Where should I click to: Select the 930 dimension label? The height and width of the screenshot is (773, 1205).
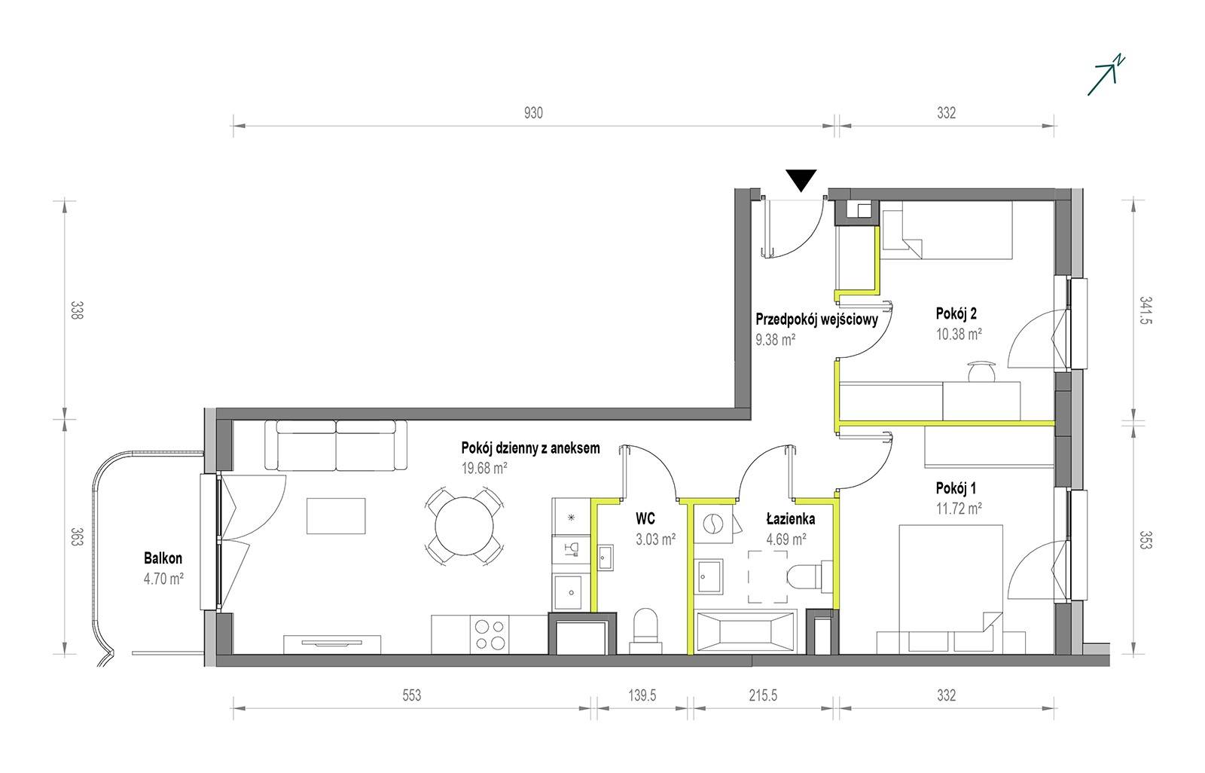click(x=533, y=113)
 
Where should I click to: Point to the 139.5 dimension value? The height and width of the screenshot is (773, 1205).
click(x=642, y=695)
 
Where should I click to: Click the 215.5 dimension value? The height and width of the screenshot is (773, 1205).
click(x=763, y=695)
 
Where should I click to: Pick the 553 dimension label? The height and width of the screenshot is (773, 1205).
click(x=411, y=695)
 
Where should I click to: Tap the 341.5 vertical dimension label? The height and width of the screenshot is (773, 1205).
click(x=1146, y=310)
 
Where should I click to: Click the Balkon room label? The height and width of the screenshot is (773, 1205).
click(x=163, y=558)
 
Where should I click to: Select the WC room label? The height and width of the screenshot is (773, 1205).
click(x=645, y=518)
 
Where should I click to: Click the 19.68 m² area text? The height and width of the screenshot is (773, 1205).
click(x=484, y=469)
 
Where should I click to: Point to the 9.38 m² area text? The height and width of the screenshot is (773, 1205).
click(x=775, y=340)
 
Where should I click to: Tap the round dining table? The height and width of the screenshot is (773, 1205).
click(x=464, y=526)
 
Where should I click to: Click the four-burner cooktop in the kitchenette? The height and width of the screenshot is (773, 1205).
click(x=490, y=634)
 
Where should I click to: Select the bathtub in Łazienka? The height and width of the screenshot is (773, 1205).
click(x=745, y=633)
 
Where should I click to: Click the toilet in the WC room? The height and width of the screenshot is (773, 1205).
click(x=645, y=631)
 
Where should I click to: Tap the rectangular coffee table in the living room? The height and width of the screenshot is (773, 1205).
click(x=336, y=515)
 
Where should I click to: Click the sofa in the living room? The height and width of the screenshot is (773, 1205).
click(x=336, y=445)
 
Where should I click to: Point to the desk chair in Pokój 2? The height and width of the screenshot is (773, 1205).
click(x=982, y=371)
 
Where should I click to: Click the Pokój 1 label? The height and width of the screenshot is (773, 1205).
click(x=956, y=488)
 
